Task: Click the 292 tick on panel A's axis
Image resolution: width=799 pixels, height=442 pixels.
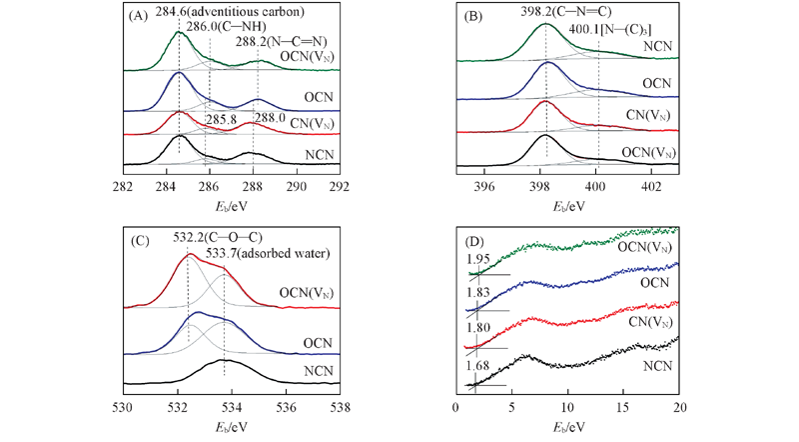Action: click(x=341, y=186)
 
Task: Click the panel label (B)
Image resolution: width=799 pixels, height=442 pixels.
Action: click(x=472, y=15)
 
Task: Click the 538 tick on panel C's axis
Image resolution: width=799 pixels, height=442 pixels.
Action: click(x=341, y=408)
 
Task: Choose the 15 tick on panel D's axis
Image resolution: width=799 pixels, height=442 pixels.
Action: click(x=623, y=408)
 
